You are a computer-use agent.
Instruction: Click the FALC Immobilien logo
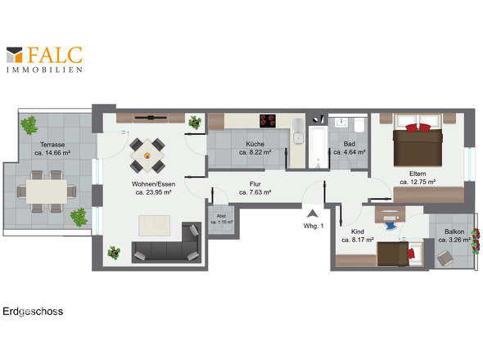[45, 60]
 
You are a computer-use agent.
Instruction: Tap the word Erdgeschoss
[33, 312]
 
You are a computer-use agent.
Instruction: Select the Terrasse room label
[52, 145]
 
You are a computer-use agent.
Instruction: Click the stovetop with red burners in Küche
[268, 121]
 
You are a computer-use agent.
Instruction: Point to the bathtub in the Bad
[318, 147]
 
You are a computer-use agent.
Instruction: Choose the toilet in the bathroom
[359, 125]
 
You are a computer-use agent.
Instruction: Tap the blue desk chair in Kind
[390, 223]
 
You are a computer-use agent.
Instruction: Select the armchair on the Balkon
[445, 258]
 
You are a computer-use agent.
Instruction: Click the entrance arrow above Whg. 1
[313, 213]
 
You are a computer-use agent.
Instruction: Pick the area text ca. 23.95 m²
[153, 192]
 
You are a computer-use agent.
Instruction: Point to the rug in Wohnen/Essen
[155, 226]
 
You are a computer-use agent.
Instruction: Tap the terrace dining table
[47, 191]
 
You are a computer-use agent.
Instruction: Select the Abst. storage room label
[222, 216]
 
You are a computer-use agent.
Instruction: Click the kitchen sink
[297, 137]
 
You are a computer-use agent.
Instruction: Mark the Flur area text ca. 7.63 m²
[255, 192]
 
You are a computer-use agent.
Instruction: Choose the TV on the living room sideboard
[151, 117]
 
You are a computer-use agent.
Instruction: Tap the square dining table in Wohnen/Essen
[147, 155]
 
